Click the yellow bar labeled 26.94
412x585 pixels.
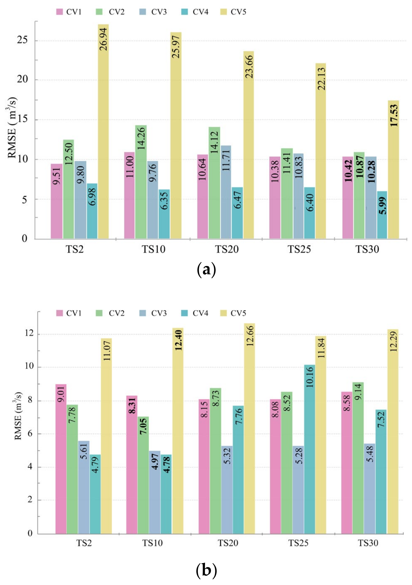[x=103, y=132]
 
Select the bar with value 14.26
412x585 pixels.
[x=141, y=182]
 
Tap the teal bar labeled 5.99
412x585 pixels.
[x=382, y=215]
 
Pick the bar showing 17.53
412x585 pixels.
[x=393, y=170]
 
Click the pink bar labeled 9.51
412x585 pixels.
[x=56, y=201]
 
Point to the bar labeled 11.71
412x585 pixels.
[x=226, y=192]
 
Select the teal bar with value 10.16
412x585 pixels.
[x=309, y=450]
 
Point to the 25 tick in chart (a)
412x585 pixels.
[x=22, y=40]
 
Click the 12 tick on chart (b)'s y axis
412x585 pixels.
[x=29, y=334]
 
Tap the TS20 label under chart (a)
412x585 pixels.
[x=227, y=249]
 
